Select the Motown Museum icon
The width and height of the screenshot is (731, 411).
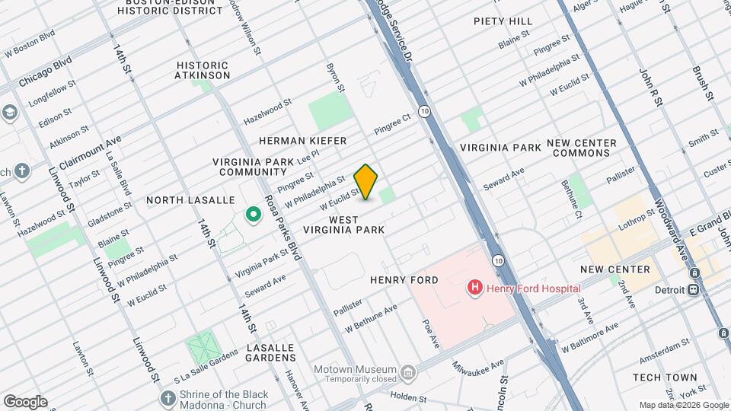pos(409,372)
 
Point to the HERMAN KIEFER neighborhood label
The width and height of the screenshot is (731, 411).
pos(302,141)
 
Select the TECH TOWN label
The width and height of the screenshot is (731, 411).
pos(665,378)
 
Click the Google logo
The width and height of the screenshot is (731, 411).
pos(25,402)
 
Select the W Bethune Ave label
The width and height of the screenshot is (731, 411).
pos(371,319)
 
